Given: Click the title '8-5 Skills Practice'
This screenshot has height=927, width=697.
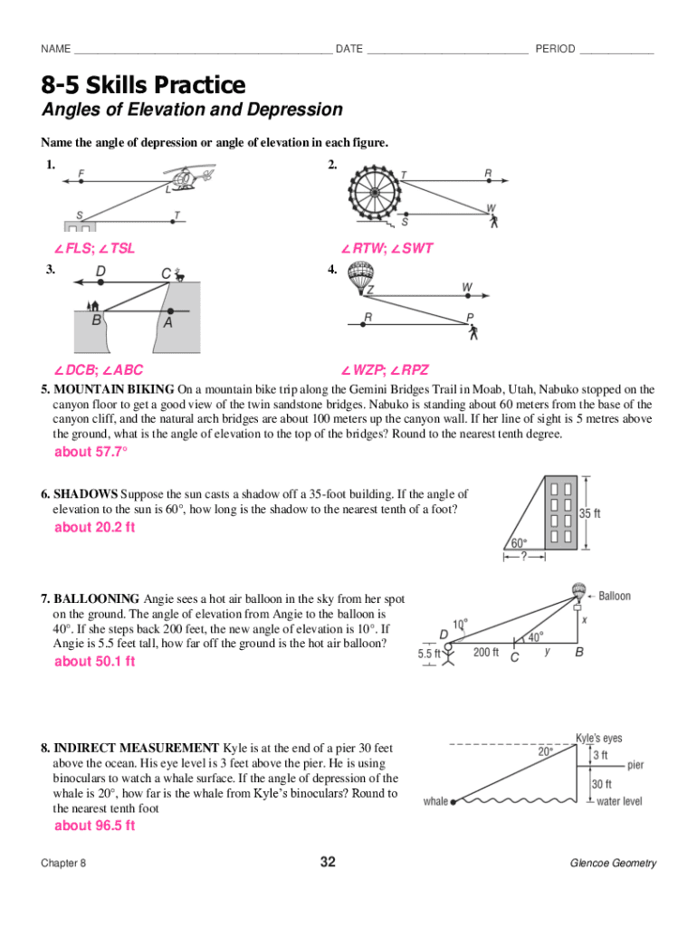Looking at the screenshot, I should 143,85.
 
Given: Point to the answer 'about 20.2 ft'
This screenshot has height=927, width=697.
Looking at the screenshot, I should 94,527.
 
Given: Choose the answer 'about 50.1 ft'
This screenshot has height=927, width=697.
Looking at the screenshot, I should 94,661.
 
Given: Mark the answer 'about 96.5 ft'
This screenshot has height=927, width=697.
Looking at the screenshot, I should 94,825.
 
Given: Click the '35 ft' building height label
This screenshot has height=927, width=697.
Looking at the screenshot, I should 590,513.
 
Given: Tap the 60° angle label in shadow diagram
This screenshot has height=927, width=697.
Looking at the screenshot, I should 519,543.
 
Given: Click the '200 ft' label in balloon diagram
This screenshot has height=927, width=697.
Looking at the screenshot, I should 486,652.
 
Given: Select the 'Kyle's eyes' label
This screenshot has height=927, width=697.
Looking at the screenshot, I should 599,738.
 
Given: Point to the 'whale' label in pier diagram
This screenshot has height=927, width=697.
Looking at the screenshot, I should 435,802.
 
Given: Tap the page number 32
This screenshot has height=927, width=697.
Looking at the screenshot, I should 328,862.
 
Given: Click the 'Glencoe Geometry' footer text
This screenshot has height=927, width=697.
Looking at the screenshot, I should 613,863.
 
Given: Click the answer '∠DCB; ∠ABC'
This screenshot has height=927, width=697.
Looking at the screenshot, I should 99,369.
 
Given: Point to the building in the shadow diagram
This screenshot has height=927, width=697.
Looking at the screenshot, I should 559,512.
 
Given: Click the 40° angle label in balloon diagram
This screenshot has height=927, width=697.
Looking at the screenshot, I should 536,636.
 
